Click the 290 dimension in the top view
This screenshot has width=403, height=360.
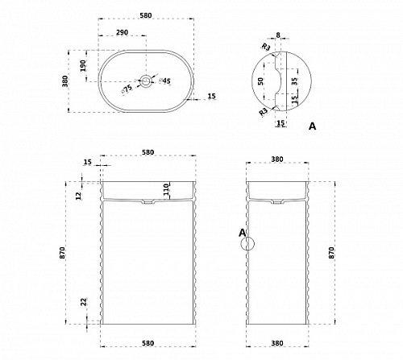(122, 32)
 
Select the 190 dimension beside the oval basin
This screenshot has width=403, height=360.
(83, 66)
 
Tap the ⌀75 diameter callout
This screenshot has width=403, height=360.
(127, 89)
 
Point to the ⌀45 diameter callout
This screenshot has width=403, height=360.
(164, 81)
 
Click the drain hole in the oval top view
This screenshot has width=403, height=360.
(146, 81)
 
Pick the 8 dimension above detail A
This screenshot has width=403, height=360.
(278, 35)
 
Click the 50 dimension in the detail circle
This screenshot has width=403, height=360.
(260, 81)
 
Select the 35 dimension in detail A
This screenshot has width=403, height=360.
(294, 81)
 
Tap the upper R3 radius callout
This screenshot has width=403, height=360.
(266, 48)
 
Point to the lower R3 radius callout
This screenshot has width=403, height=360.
(264, 112)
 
